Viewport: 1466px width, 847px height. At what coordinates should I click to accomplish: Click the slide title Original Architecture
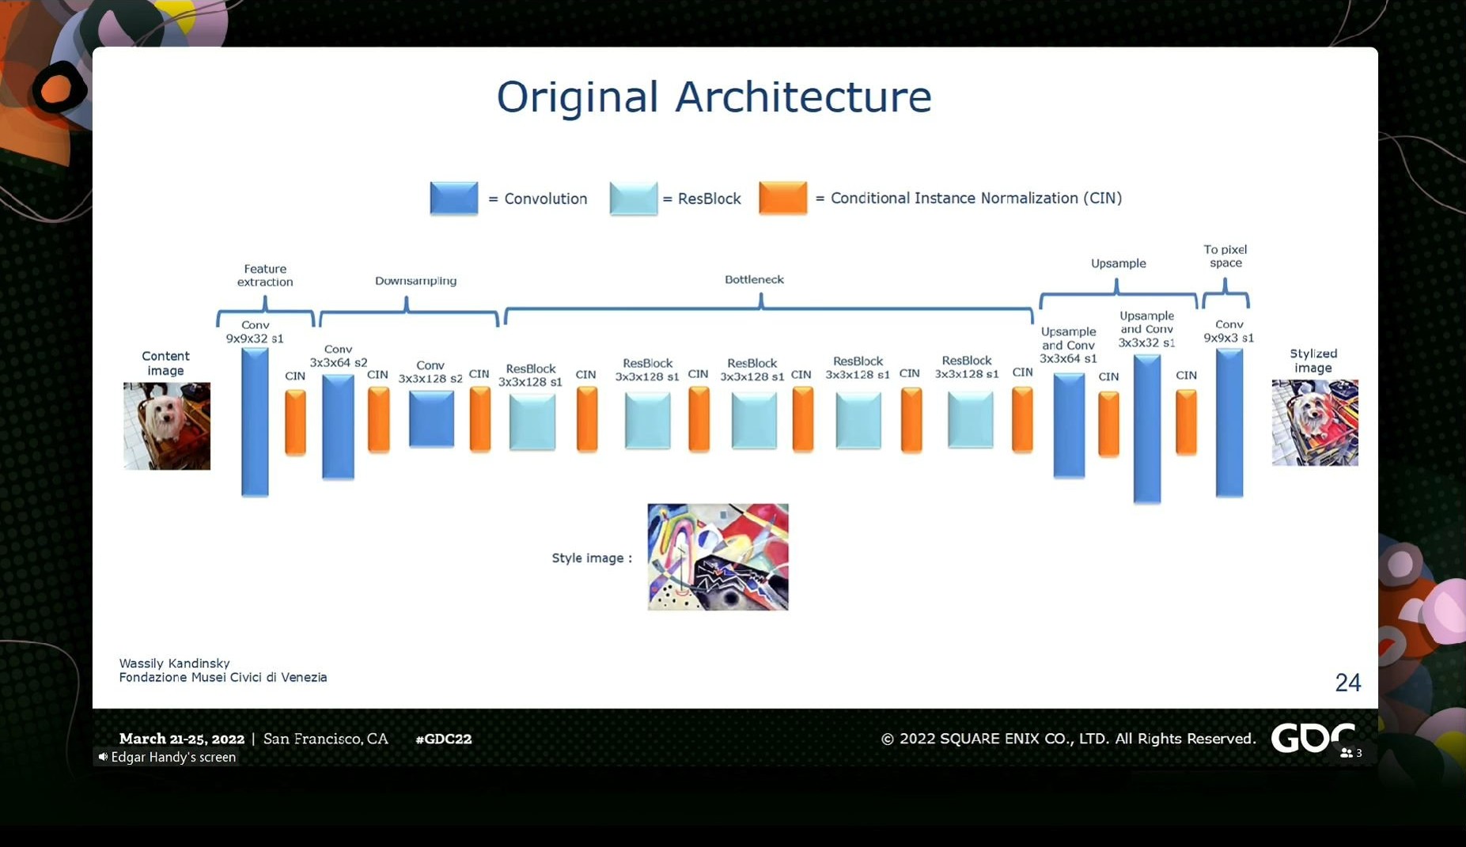click(714, 97)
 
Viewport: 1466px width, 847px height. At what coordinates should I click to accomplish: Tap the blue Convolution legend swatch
click(454, 199)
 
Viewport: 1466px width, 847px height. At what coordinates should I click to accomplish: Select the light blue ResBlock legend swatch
click(634, 199)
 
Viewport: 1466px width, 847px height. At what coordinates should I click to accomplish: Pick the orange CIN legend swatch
click(782, 198)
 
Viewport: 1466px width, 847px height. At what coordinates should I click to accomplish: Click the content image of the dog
click(167, 426)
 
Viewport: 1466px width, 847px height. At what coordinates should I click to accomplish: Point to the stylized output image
click(1315, 423)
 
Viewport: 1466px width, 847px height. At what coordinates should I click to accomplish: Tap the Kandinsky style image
click(718, 557)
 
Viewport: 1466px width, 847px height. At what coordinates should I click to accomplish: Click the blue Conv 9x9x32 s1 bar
click(255, 422)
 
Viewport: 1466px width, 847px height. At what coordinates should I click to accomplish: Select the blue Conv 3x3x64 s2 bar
click(338, 427)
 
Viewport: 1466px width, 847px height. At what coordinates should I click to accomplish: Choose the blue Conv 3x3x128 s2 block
click(432, 420)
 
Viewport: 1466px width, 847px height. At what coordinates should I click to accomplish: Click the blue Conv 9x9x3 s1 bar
click(1229, 423)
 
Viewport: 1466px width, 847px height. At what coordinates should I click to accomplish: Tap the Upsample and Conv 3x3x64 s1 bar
click(1069, 425)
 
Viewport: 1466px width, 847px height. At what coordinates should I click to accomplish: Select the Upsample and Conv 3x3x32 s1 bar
click(1147, 429)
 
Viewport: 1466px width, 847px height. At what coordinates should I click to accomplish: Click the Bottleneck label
click(754, 279)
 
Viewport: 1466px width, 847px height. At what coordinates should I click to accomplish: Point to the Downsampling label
click(415, 281)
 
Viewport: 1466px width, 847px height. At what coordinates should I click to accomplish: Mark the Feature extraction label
click(265, 275)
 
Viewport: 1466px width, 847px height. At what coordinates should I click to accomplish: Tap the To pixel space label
click(1225, 256)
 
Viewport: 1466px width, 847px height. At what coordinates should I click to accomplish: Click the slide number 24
click(1348, 683)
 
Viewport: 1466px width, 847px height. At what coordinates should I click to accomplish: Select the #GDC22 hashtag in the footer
click(444, 739)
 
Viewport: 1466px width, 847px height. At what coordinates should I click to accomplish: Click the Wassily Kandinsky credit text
click(175, 664)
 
